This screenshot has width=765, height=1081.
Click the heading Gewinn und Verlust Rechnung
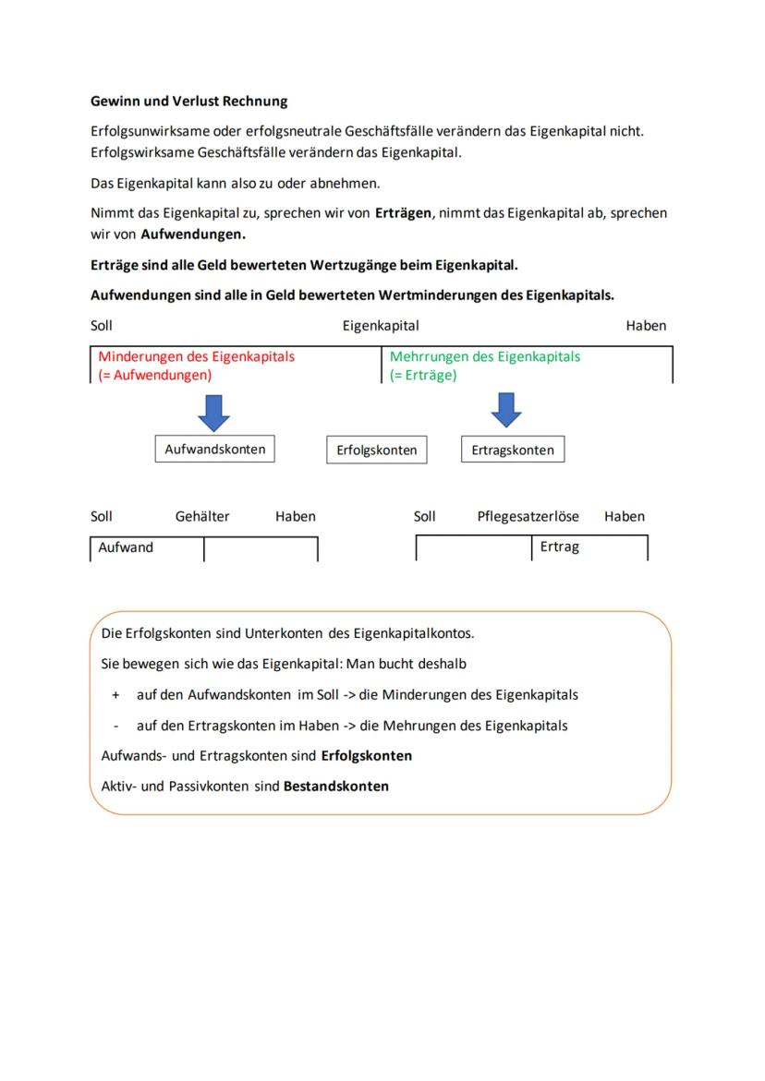pos(188,101)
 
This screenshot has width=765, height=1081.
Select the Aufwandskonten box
pos(214,450)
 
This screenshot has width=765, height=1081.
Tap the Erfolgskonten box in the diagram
pos(376,450)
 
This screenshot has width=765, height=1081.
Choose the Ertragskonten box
pos(512,450)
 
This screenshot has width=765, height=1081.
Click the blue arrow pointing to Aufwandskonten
pos(214,412)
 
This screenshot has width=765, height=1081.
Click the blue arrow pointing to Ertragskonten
pos(505,410)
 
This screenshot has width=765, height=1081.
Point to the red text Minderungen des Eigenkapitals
pos(196,356)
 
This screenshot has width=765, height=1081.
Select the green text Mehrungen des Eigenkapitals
pos(485,356)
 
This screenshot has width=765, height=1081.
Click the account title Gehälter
pos(202,516)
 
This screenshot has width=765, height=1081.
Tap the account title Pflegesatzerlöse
pos(528,516)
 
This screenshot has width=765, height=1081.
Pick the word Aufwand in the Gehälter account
pos(126,547)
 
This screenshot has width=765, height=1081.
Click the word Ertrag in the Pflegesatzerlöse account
pos(559,547)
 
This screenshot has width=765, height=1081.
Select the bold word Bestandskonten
pos(335,787)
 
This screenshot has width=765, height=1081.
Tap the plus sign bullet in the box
pos(115,694)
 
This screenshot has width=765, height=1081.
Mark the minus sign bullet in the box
pos(115,726)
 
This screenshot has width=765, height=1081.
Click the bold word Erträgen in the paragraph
pos(403,212)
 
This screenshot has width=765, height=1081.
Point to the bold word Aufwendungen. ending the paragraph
pos(192,234)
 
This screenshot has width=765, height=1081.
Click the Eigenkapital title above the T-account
pos(381,325)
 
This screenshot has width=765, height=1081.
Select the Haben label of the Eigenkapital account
pos(645,325)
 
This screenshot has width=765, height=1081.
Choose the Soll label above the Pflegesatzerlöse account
pos(424,516)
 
